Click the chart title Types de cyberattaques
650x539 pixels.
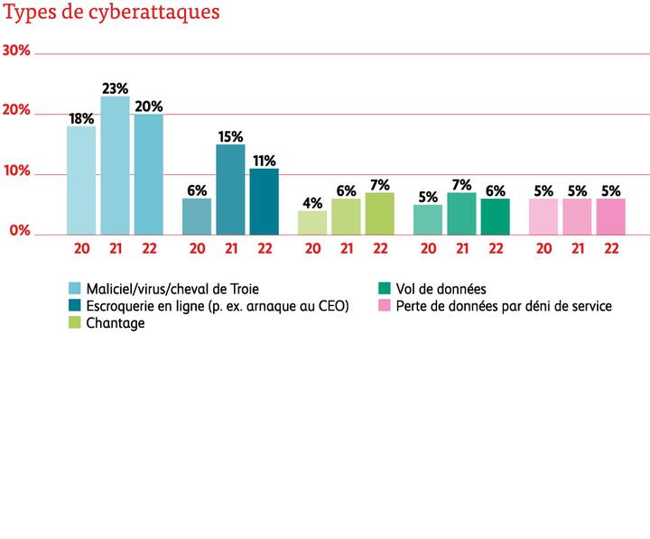[112, 15]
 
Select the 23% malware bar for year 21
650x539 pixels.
[115, 164]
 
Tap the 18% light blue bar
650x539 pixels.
[81, 179]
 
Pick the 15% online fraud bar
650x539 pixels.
[230, 188]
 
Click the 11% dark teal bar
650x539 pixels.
[265, 200]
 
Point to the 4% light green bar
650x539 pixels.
[312, 221]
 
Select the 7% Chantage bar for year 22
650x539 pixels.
[380, 212]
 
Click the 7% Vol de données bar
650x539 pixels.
[461, 212]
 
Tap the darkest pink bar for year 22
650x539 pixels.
[611, 216]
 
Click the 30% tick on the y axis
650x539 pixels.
[18, 51]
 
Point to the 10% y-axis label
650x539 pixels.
[18, 172]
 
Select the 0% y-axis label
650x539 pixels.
[21, 232]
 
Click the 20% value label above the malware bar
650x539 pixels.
[148, 106]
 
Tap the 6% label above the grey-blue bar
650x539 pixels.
[197, 191]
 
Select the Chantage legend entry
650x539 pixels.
[115, 323]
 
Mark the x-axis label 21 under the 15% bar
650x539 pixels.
[230, 247]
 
